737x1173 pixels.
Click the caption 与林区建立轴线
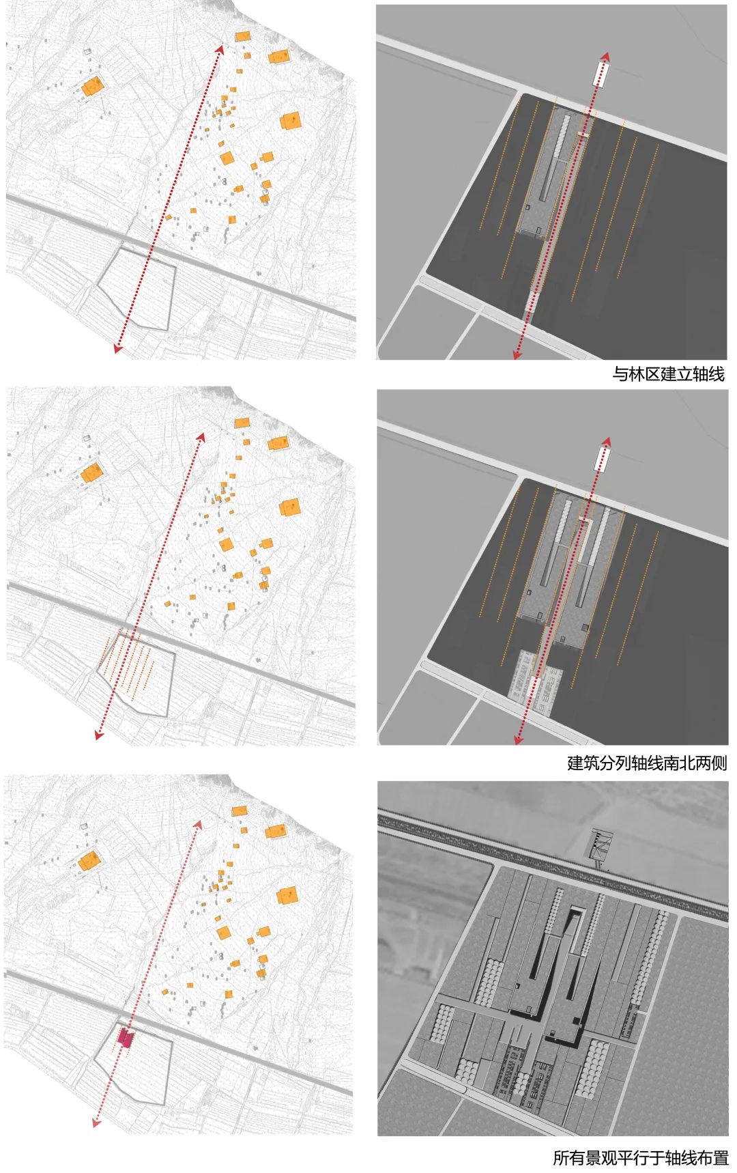click(668, 374)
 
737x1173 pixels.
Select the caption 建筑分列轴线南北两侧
click(647, 763)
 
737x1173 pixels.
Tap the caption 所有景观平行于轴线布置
click(640, 1158)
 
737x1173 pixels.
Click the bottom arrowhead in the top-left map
click(118, 349)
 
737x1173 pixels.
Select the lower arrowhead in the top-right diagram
click(518, 354)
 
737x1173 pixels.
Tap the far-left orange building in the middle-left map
click(91, 473)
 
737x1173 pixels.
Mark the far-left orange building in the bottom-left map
click(89, 862)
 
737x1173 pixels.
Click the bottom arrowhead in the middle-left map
click(99, 735)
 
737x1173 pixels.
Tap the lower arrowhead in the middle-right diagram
click(518, 739)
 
